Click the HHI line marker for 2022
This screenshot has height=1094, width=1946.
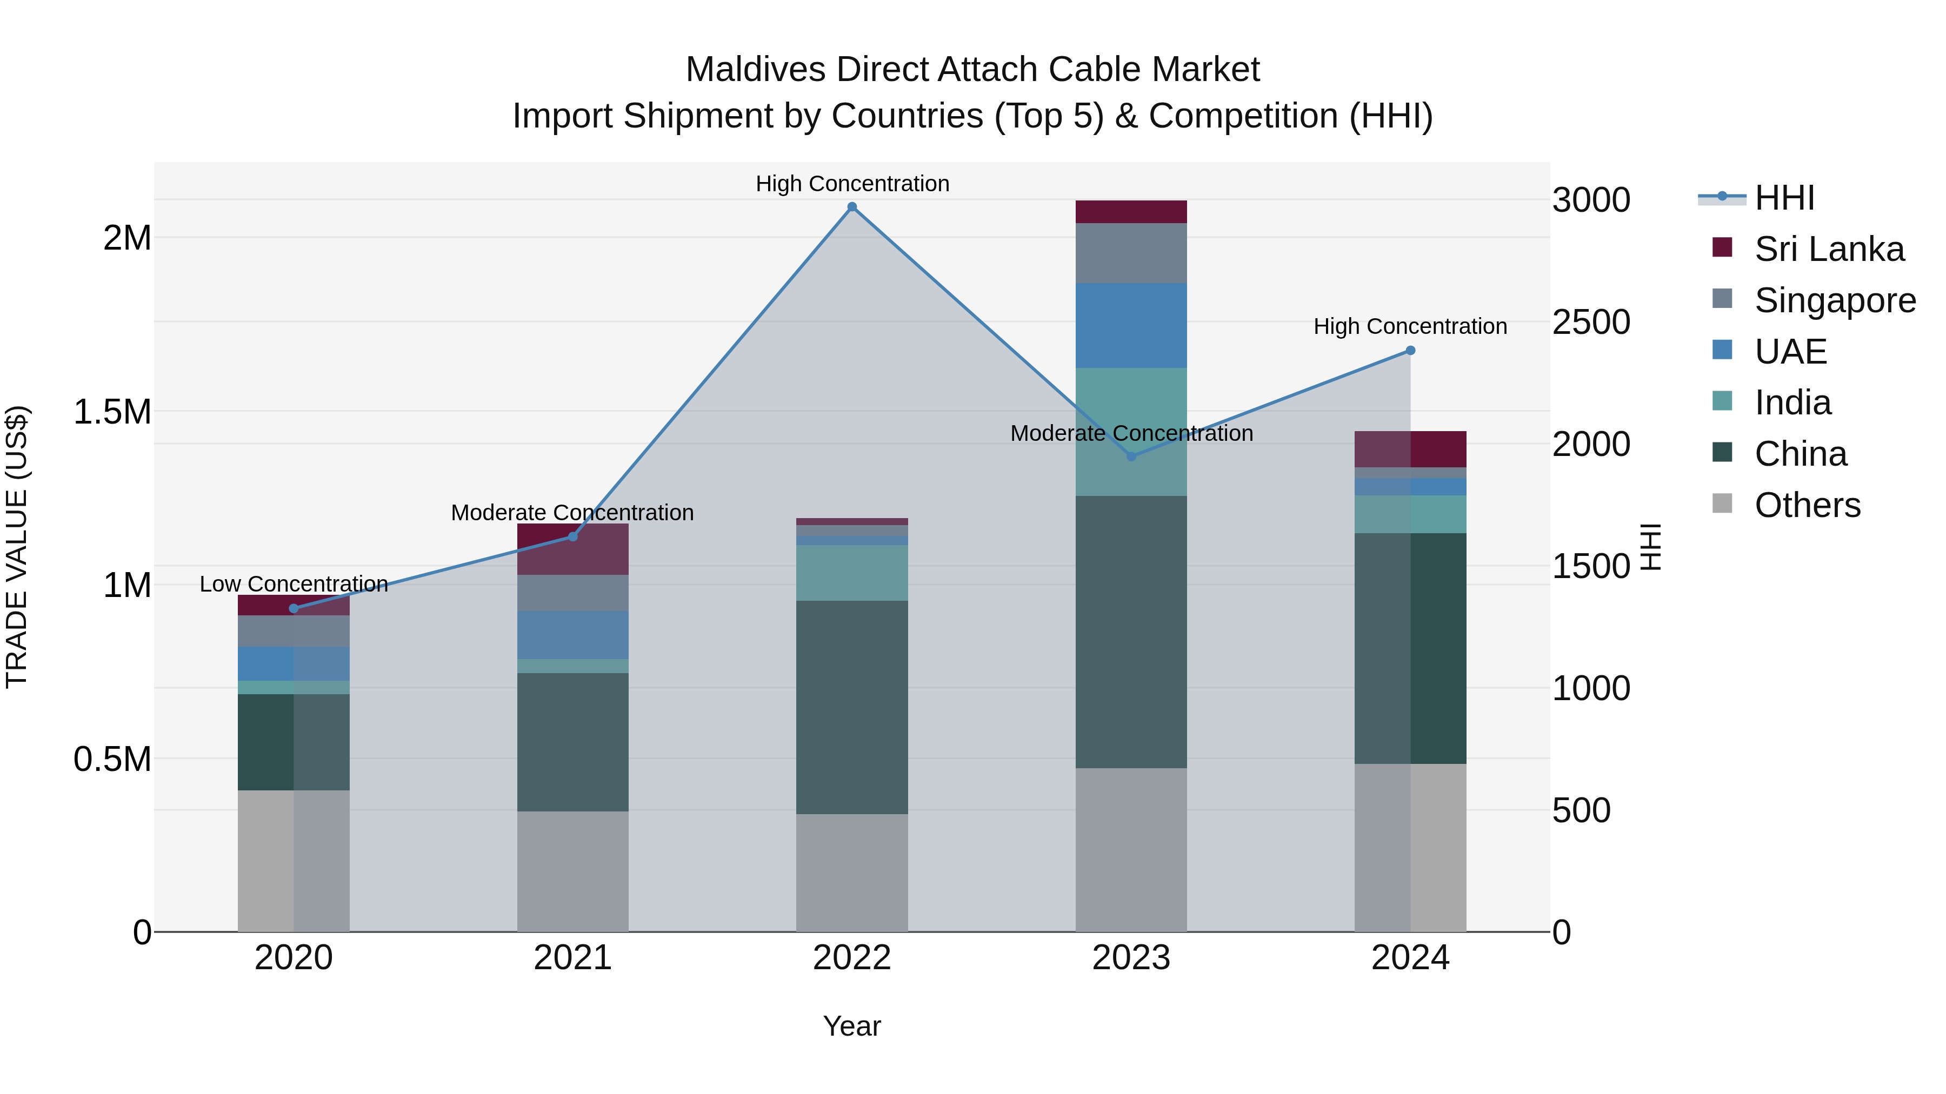coord(851,207)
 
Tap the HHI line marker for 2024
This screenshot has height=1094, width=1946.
coord(1410,350)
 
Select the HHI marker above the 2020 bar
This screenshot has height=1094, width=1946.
coord(294,608)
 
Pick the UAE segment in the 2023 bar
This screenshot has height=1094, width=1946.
coord(1131,325)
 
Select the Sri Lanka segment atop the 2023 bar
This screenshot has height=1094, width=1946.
coord(1131,211)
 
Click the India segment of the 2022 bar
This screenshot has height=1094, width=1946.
coord(851,572)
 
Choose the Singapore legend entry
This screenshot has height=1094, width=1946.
coord(1834,300)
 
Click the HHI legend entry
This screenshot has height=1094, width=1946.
coord(1784,198)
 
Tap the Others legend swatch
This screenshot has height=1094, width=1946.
coord(1722,504)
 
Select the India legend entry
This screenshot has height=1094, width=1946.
coord(1792,402)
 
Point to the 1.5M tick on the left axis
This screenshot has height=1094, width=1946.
coord(112,412)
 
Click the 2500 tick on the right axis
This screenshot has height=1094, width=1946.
coord(1591,323)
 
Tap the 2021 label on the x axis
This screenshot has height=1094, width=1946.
coord(572,958)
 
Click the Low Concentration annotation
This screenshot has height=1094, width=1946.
coord(294,583)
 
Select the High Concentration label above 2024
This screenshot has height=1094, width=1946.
coord(1410,326)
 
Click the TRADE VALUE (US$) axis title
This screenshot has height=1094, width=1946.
coord(17,547)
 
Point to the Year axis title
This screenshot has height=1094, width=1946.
coord(851,1026)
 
